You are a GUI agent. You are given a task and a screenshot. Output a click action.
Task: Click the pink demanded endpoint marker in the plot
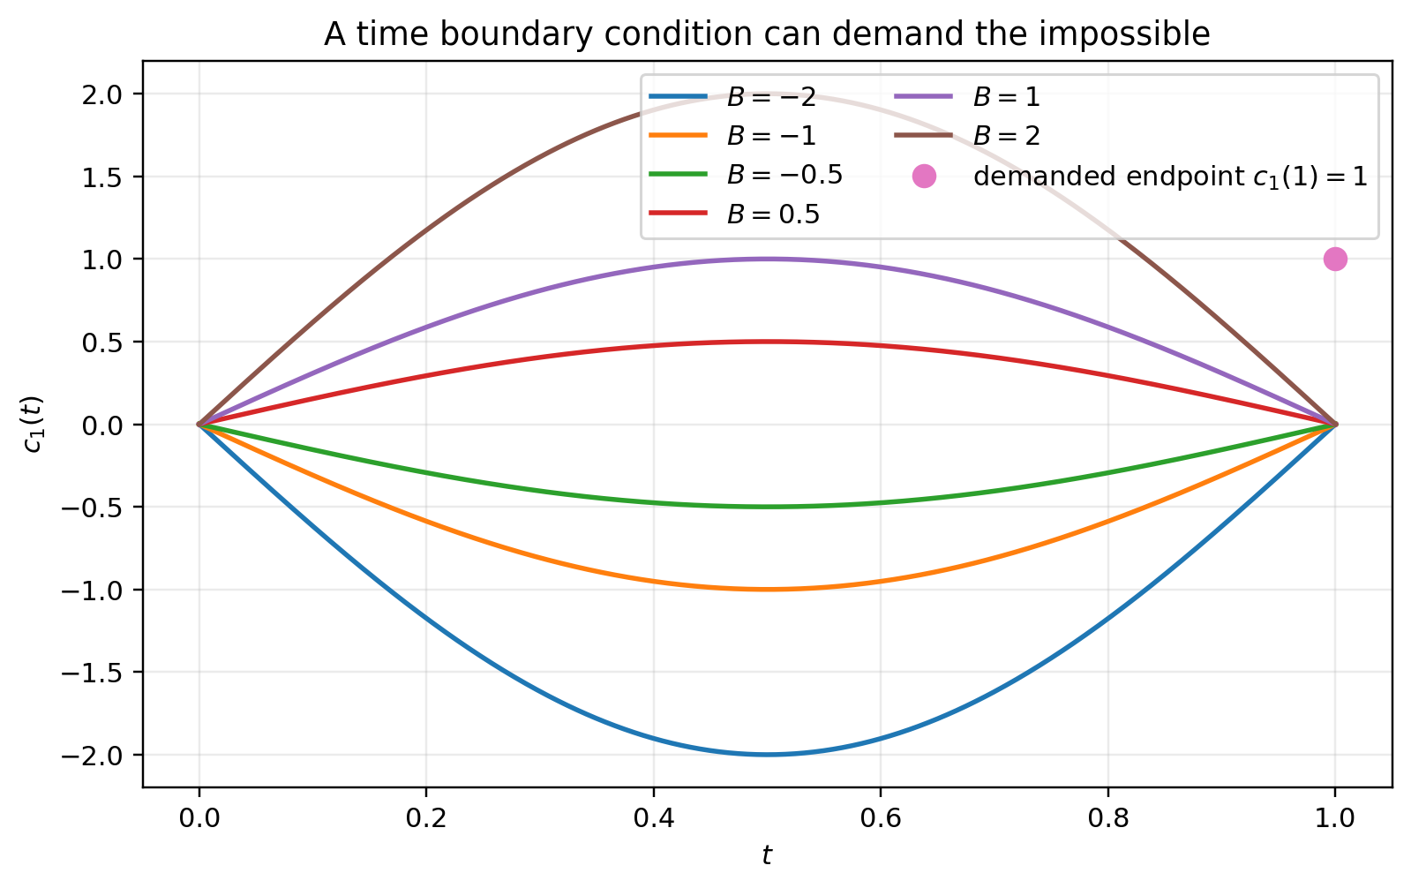pyautogui.click(x=1335, y=259)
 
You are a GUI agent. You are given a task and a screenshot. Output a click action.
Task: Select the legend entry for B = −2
pyautogui.click(x=732, y=96)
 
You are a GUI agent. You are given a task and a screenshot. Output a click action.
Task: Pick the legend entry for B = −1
pyautogui.click(x=732, y=136)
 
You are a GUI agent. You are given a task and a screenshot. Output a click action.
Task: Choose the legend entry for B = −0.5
pyautogui.click(x=746, y=175)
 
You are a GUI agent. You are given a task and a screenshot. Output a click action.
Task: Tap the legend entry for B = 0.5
pyautogui.click(x=734, y=214)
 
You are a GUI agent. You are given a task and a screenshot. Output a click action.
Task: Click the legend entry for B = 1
pyautogui.click(x=967, y=96)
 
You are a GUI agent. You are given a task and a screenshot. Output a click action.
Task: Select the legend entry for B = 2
pyautogui.click(x=967, y=136)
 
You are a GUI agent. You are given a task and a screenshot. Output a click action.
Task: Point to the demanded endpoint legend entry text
pyautogui.click(x=1170, y=177)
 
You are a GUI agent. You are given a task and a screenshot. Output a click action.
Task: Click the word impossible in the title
pyautogui.click(x=1124, y=34)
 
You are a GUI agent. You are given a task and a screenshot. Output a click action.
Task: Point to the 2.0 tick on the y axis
pyautogui.click(x=101, y=94)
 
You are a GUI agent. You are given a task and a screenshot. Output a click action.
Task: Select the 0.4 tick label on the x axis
pyautogui.click(x=653, y=818)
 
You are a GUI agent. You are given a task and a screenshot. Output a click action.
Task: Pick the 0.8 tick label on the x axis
pyautogui.click(x=1107, y=818)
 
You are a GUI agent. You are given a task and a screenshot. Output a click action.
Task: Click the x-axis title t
pyautogui.click(x=767, y=855)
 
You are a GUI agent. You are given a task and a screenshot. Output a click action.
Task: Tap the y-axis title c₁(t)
pyautogui.click(x=34, y=425)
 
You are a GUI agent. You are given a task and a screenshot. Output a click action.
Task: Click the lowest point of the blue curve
pyautogui.click(x=767, y=755)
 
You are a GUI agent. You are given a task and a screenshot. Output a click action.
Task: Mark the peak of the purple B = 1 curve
pyautogui.click(x=767, y=259)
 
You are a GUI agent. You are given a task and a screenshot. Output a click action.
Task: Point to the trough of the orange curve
pyautogui.click(x=767, y=590)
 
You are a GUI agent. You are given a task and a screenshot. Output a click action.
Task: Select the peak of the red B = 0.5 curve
pyautogui.click(x=767, y=342)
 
